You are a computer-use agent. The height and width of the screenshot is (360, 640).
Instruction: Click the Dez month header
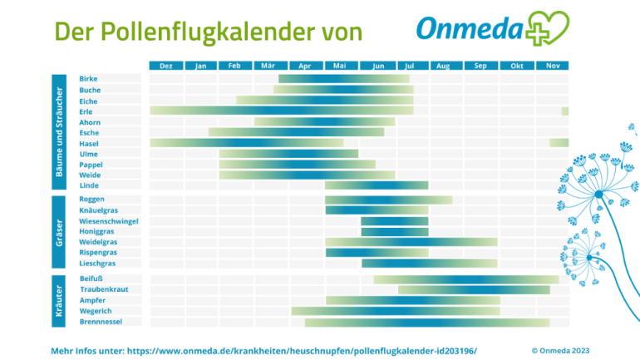point(165,65)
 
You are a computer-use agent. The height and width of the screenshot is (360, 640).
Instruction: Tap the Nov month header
point(552,65)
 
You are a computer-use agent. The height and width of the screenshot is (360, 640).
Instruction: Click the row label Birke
point(88,79)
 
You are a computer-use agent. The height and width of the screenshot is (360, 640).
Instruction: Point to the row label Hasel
point(89,143)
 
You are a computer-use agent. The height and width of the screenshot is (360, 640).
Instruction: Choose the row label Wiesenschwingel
point(108,221)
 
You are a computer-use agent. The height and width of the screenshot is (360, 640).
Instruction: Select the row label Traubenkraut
point(104,289)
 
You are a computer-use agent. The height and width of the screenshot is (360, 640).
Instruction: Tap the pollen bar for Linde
point(377,185)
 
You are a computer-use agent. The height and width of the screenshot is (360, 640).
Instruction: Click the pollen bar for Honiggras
point(394,232)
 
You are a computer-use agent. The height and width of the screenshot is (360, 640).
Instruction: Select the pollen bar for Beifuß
point(465,279)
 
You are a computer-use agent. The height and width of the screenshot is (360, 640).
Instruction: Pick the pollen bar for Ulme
point(288,154)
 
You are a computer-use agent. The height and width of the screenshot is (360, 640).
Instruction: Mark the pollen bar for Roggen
point(388,200)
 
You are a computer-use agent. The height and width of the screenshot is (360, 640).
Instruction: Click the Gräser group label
point(59,232)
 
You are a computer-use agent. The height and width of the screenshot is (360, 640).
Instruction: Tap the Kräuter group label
point(59,300)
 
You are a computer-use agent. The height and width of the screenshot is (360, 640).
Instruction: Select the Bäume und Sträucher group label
point(59,132)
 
